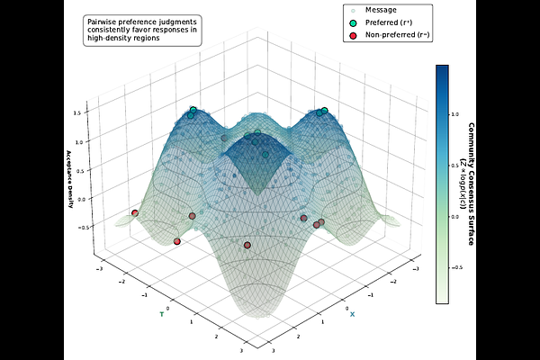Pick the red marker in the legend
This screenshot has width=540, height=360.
[x=352, y=35]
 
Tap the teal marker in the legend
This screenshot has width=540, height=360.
[x=352, y=22]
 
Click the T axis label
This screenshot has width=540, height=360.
[x=162, y=314]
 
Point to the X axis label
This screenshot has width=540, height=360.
[x=352, y=314]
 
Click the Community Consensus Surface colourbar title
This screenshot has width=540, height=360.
[x=472, y=184]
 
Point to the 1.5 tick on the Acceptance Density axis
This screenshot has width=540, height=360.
[x=78, y=113]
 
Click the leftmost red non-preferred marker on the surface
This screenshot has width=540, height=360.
[x=135, y=212]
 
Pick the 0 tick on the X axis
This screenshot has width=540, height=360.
[x=347, y=308]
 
